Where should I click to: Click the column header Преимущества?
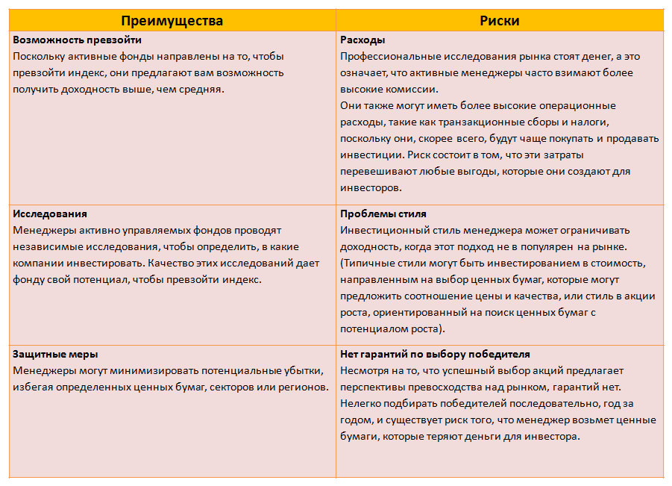172,21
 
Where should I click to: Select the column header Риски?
499,21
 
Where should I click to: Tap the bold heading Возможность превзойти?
78,39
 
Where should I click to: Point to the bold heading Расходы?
362,39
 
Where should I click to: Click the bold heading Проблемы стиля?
383,214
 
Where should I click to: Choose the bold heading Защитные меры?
56,354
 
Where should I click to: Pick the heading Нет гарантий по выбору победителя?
435,354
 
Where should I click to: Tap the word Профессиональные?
386,56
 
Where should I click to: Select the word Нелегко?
361,404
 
